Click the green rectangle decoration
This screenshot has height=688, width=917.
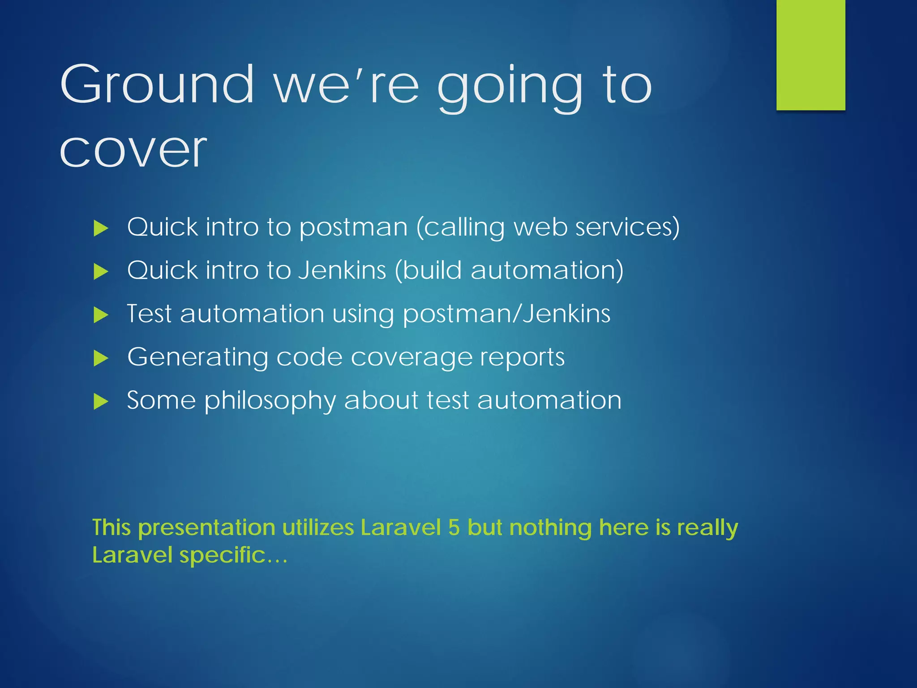[x=810, y=55]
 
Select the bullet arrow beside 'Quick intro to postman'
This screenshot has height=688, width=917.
[x=101, y=228]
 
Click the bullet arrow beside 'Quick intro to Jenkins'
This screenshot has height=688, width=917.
[x=101, y=272]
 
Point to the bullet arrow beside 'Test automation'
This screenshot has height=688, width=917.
[x=101, y=315]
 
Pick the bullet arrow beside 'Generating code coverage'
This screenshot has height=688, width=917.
[x=101, y=358]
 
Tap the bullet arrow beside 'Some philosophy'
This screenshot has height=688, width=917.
[x=101, y=402]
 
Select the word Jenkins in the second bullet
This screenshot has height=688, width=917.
[x=342, y=270]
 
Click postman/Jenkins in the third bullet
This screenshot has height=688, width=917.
[x=506, y=314]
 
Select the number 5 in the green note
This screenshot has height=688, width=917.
[x=454, y=527]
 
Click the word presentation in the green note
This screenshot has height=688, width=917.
[x=206, y=528]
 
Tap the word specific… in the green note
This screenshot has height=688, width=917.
[x=233, y=555]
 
